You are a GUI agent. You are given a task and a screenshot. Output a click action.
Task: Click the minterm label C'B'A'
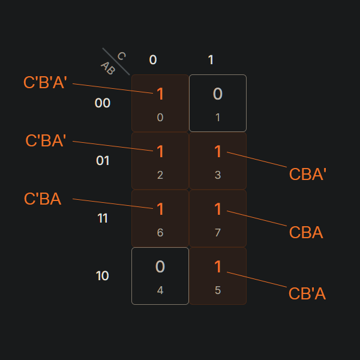(x=45, y=82)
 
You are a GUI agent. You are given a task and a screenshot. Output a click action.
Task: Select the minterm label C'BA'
(x=46, y=140)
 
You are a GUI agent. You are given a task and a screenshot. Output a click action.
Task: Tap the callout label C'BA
(x=43, y=199)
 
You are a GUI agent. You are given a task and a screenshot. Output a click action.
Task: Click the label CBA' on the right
(x=307, y=174)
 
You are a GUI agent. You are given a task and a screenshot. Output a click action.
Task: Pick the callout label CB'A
(x=307, y=294)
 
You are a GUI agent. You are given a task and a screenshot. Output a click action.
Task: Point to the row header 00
(x=103, y=103)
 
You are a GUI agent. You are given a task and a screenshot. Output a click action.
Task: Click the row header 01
(x=103, y=161)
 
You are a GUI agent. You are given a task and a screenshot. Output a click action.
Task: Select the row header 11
(x=103, y=218)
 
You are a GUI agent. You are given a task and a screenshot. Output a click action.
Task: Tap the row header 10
(x=103, y=276)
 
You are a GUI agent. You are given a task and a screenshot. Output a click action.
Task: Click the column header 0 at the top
(x=153, y=59)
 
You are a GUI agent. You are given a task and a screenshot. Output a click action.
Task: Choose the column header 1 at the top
(x=211, y=59)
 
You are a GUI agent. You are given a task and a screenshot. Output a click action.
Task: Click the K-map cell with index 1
(x=218, y=103)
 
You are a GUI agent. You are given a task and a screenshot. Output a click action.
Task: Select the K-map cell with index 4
(x=160, y=276)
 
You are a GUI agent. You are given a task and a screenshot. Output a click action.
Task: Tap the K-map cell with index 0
(x=160, y=103)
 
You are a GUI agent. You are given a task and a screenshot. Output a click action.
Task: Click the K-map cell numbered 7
(x=218, y=218)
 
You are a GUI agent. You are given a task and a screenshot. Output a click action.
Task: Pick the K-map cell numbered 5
(x=218, y=276)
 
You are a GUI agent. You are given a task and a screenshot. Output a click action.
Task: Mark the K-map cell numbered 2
(x=160, y=161)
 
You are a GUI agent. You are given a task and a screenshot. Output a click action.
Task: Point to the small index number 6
(x=160, y=233)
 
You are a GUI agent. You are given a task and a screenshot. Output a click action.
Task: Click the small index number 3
(x=218, y=175)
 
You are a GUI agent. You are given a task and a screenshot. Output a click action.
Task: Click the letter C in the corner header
(x=121, y=56)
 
